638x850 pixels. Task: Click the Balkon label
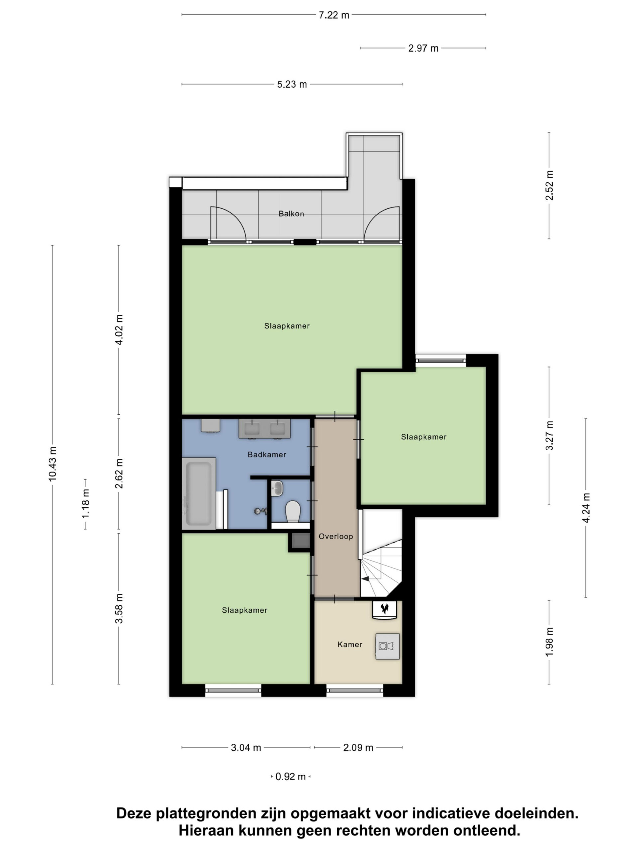[291, 213]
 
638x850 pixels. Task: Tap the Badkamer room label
[267, 455]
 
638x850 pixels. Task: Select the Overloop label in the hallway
[336, 537]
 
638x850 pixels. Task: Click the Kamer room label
[350, 644]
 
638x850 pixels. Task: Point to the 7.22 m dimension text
[334, 15]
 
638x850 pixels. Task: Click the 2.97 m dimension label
[423, 48]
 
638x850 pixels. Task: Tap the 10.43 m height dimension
[52, 464]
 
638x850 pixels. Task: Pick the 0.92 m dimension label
[290, 777]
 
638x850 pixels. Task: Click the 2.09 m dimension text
[358, 747]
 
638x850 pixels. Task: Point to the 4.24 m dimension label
[586, 508]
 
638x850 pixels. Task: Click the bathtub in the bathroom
[198, 493]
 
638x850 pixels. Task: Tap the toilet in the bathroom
[293, 511]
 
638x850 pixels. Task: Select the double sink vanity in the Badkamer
[265, 428]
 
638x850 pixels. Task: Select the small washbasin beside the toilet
[277, 488]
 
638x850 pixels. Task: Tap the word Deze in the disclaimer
[134, 814]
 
